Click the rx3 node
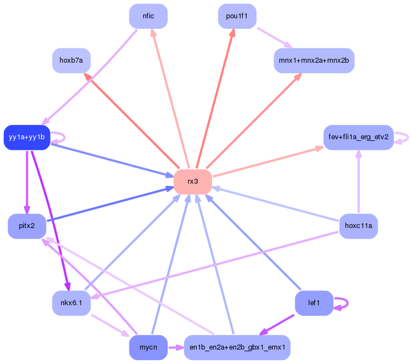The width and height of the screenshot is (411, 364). coord(193,182)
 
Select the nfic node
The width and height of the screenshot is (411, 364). coord(148,16)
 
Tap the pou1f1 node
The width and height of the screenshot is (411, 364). coord(237,16)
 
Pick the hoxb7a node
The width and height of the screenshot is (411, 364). coord(71,60)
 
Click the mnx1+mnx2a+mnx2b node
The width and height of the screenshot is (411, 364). coord(314,60)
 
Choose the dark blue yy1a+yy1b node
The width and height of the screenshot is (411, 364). coord(27,138)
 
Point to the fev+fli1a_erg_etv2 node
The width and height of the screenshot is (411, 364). coord(359,138)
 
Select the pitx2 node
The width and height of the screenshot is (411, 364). coord(27,226)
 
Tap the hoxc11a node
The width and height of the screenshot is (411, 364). coord(359,226)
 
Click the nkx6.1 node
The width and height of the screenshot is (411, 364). coord(71,303)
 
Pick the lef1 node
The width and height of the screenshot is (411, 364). coord(314,303)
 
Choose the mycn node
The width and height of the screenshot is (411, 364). coord(148,347)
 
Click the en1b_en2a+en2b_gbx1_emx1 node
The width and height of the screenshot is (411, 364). coord(237,347)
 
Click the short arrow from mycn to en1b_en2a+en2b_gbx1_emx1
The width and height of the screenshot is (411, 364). coord(176,347)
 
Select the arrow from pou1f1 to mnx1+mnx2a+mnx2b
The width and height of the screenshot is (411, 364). coord(274,38)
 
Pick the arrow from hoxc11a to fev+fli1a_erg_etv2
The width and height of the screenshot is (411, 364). coord(359,182)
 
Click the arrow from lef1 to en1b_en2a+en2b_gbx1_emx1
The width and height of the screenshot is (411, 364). coord(277,325)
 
